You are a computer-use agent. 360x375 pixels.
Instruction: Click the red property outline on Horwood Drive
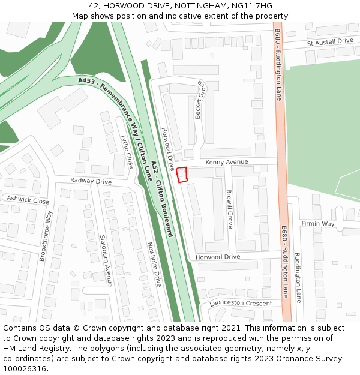182,174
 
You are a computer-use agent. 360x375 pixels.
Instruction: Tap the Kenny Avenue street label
226,162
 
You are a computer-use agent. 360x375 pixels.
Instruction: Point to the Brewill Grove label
229,209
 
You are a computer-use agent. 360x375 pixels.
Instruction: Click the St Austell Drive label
329,41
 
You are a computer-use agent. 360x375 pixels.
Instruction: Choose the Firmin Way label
317,224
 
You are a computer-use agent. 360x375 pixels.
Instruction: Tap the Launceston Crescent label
241,303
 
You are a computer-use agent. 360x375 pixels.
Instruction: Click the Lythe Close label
127,151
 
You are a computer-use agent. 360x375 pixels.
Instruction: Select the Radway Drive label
91,181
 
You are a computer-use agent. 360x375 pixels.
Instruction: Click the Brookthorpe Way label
46,235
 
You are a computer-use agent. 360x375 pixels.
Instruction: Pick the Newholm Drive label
154,264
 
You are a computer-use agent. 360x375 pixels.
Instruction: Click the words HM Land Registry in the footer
30,349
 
